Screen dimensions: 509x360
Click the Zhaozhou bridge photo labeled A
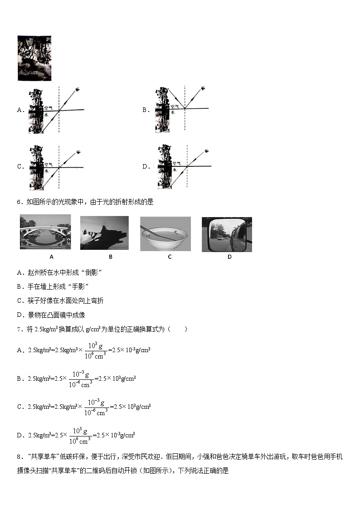tap(45, 232)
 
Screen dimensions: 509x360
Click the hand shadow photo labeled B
tap(104, 233)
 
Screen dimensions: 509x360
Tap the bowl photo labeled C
tap(165, 233)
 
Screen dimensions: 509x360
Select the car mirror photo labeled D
tap(227, 234)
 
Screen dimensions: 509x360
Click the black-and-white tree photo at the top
tap(34, 58)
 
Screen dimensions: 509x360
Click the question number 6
tap(19, 202)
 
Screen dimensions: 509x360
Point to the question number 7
tap(19, 329)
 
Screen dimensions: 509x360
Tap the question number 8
tap(19, 457)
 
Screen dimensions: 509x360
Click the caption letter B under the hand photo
tap(110, 257)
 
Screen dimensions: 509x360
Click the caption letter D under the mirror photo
tap(229, 257)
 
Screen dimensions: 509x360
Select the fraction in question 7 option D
tap(80, 436)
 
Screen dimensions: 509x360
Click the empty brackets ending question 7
tap(179, 329)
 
